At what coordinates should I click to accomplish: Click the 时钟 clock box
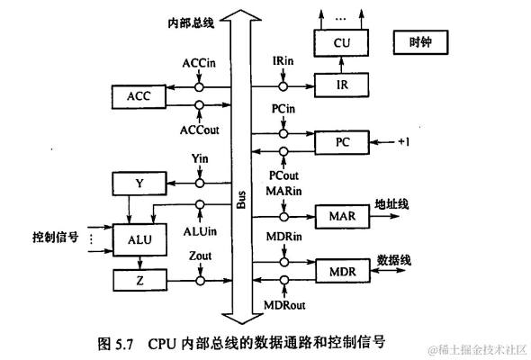420,41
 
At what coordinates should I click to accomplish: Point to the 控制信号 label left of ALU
53,238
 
